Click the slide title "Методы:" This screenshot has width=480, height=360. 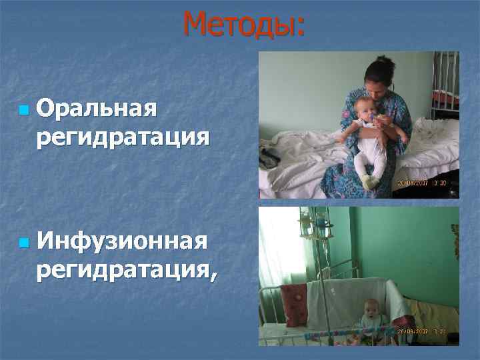point(244,25)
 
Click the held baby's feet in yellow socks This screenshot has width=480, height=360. point(369,181)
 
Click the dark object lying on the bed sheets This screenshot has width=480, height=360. point(270,159)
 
